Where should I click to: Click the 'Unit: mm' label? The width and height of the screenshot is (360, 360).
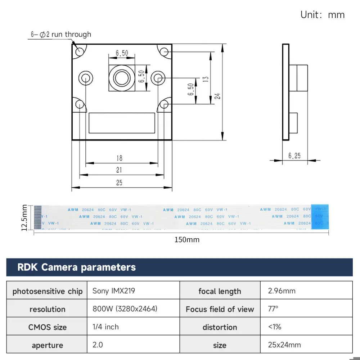(x=323, y=15)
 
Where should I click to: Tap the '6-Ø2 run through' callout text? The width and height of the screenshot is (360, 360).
(x=61, y=35)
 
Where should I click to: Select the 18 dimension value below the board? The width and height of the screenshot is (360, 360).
(x=119, y=158)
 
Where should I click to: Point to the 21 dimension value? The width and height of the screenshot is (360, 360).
(x=119, y=170)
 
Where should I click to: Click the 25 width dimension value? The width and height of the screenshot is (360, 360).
(x=119, y=183)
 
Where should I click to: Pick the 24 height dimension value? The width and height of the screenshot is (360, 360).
(x=217, y=96)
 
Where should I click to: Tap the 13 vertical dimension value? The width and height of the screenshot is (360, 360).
(x=206, y=79)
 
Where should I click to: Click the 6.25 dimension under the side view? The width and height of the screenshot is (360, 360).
(x=294, y=156)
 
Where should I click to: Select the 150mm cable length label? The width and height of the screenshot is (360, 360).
(x=187, y=239)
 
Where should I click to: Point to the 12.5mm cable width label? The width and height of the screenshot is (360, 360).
(x=24, y=218)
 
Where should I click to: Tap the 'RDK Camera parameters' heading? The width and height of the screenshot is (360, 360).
(x=77, y=267)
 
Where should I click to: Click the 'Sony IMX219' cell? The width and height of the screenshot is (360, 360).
(x=114, y=291)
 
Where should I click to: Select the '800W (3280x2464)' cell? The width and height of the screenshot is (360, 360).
(x=125, y=309)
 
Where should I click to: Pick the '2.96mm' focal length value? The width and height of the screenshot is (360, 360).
(x=282, y=291)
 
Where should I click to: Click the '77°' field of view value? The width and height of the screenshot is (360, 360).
(x=273, y=309)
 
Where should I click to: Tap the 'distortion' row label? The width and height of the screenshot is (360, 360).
(x=220, y=327)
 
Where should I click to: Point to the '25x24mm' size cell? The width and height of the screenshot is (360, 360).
(x=284, y=345)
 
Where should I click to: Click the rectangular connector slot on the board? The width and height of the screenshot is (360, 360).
(x=122, y=122)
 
